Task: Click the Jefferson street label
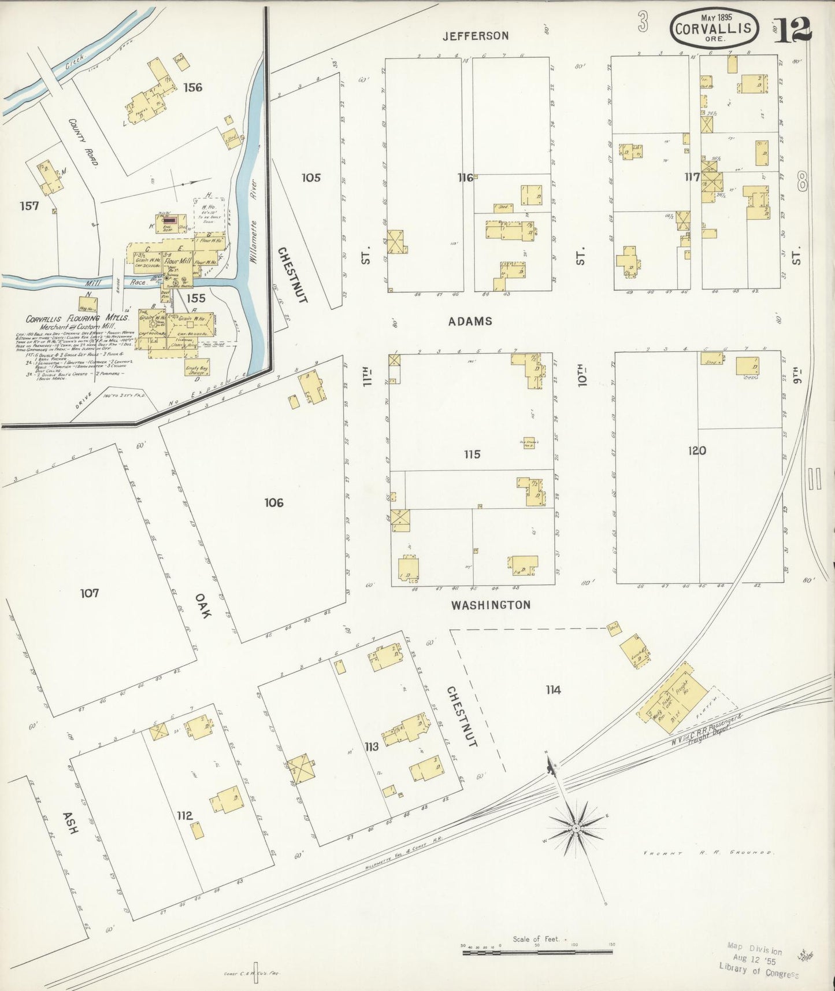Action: [476, 36]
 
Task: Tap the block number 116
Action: [465, 178]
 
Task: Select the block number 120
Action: [697, 450]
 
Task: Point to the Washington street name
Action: [491, 605]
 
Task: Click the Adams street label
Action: [470, 321]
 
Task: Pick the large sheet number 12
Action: [792, 30]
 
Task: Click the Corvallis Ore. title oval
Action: [714, 28]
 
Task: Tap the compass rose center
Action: [576, 829]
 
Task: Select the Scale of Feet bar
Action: [537, 951]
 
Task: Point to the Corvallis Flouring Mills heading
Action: [77, 319]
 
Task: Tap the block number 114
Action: [553, 689]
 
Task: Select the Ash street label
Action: [69, 821]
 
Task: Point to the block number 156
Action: [192, 87]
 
